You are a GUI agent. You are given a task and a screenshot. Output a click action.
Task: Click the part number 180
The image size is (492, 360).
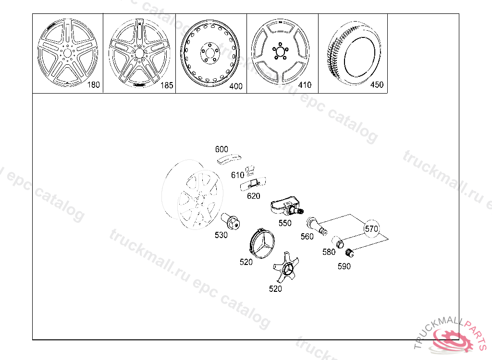click(93, 84)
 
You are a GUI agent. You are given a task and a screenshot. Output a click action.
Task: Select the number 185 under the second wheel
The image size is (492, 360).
click(167, 85)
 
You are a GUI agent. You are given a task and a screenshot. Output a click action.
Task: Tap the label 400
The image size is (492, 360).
click(235, 86)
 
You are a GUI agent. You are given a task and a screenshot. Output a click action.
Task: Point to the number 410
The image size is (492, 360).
click(305, 85)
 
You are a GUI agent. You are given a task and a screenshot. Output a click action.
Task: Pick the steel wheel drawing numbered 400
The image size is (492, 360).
click(210, 53)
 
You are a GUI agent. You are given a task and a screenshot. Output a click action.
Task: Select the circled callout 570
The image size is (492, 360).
click(371, 228)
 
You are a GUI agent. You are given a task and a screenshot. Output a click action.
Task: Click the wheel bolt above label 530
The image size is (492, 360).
click(230, 221)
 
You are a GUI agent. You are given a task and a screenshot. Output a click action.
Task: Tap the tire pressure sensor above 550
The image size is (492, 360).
click(286, 207)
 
